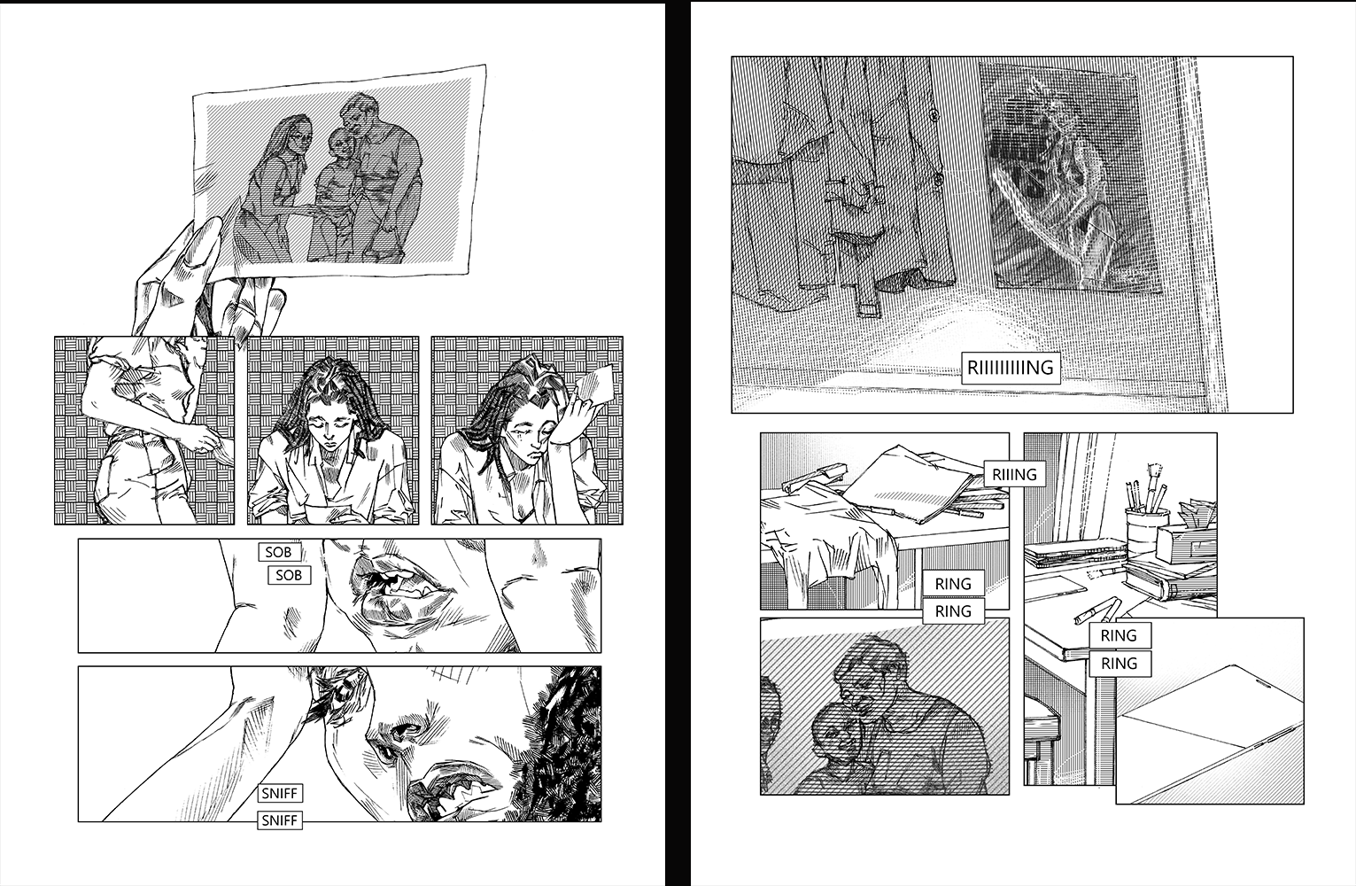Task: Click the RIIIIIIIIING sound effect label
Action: click(1011, 368)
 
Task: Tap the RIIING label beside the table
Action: click(1014, 474)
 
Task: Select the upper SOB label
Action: click(279, 552)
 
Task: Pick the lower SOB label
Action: click(289, 575)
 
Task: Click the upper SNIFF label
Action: click(280, 793)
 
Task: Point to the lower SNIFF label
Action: click(280, 820)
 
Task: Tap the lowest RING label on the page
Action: click(1120, 664)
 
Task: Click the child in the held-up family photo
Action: click(335, 194)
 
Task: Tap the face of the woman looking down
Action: click(328, 427)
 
